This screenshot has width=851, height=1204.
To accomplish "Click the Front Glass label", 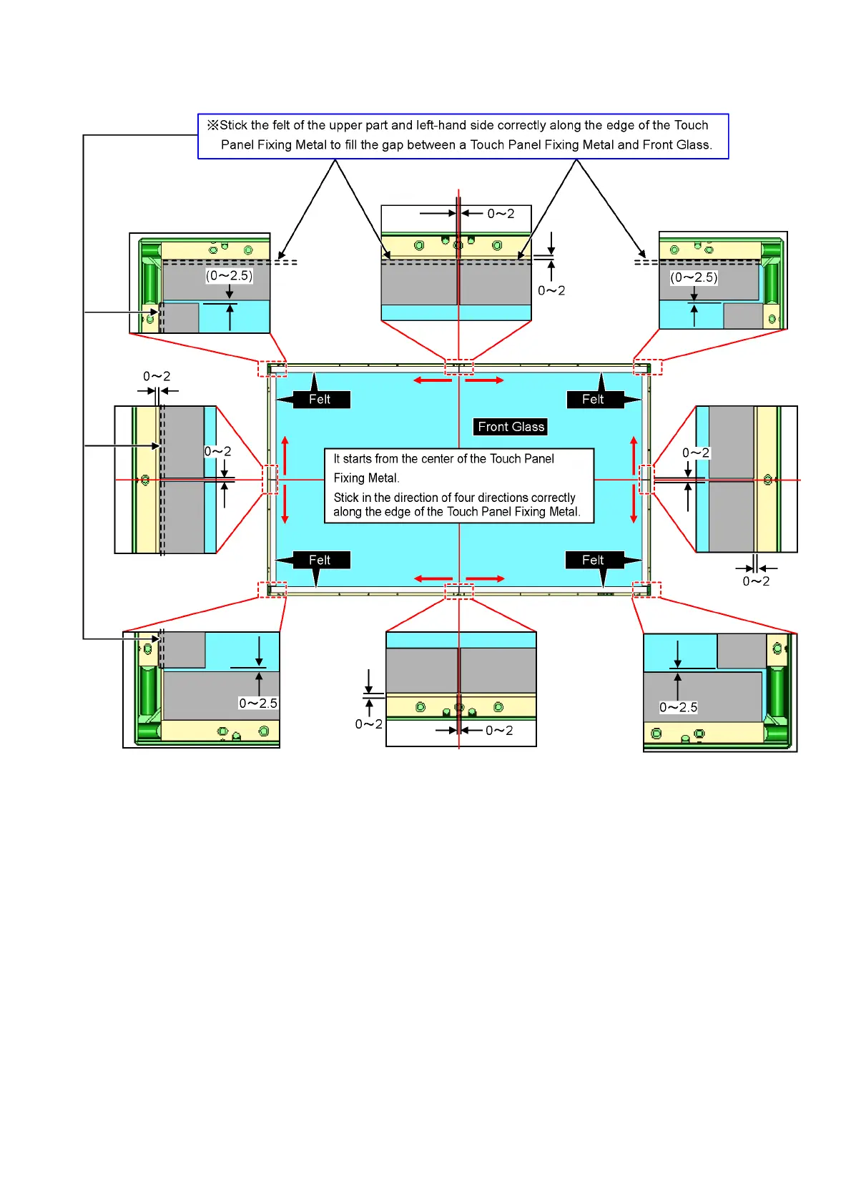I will [x=511, y=427].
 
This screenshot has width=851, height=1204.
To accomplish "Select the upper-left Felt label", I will [x=320, y=399].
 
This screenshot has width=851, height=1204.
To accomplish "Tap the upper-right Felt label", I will [x=593, y=399].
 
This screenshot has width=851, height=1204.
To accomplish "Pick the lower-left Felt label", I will [x=320, y=560].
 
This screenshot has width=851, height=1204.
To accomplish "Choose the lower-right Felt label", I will [x=593, y=560].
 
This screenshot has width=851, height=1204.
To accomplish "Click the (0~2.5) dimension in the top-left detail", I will [x=230, y=275].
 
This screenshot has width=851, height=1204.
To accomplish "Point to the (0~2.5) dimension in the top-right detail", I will [x=694, y=277].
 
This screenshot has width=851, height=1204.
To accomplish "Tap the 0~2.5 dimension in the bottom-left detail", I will [x=258, y=703].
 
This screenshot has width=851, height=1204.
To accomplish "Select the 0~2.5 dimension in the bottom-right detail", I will [x=678, y=707].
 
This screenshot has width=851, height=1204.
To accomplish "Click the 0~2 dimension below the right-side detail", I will [x=756, y=581].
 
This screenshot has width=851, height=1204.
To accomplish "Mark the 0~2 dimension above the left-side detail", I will [x=157, y=376].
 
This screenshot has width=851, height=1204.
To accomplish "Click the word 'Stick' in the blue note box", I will [x=234, y=125].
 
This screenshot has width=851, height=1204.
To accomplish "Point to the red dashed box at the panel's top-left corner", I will [x=272, y=369].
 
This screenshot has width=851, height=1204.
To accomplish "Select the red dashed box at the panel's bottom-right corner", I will [x=646, y=589].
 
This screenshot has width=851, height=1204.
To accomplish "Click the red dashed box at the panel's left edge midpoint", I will [x=270, y=479].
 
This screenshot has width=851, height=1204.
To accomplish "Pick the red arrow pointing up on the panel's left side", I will [x=285, y=455].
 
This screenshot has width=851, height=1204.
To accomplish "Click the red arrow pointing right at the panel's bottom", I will [x=485, y=578].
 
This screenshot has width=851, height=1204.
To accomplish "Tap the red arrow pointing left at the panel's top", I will [x=433, y=380].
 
